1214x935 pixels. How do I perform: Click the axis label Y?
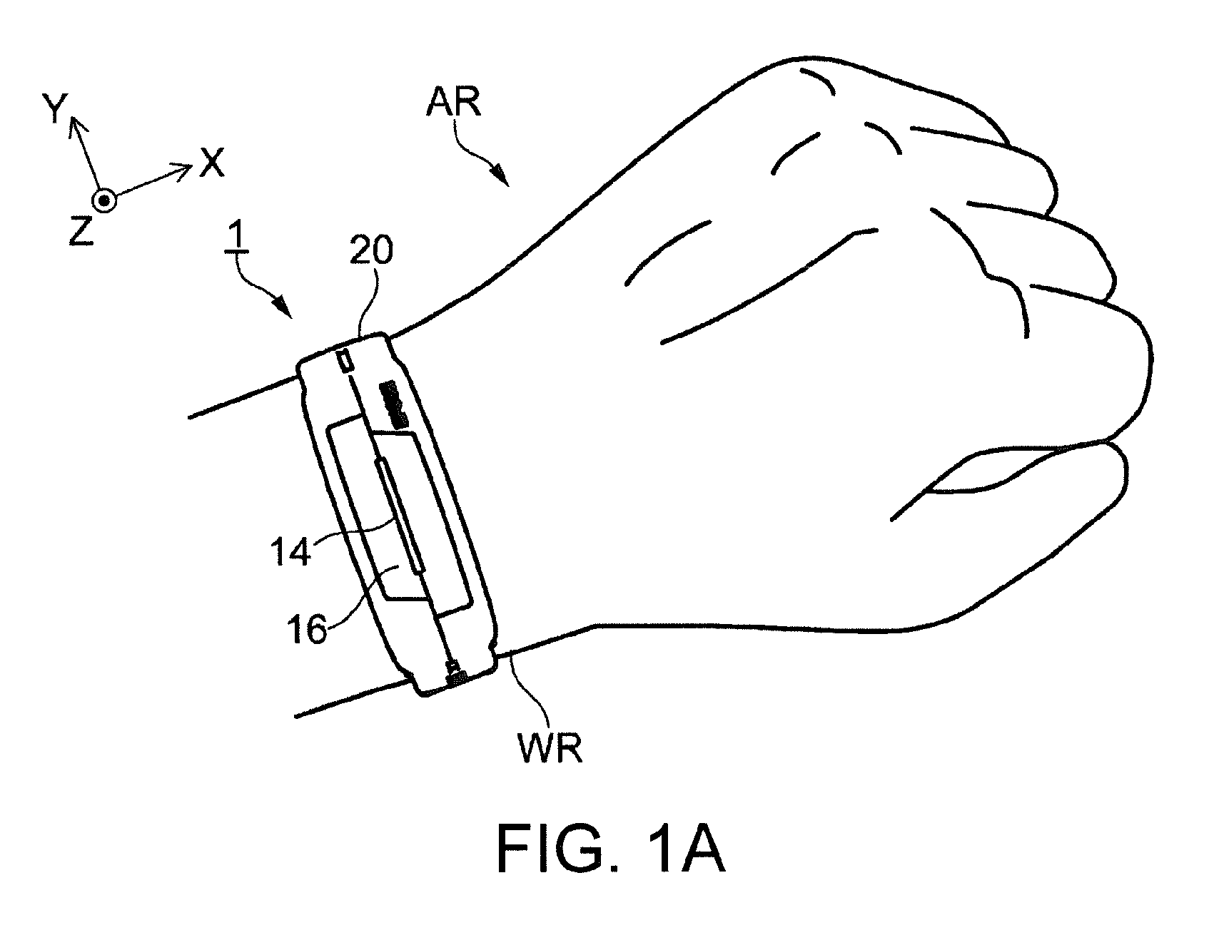[55, 111]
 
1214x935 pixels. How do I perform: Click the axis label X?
[212, 162]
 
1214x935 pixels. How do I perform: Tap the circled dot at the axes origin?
[105, 201]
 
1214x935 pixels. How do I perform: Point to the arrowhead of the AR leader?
[502, 176]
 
